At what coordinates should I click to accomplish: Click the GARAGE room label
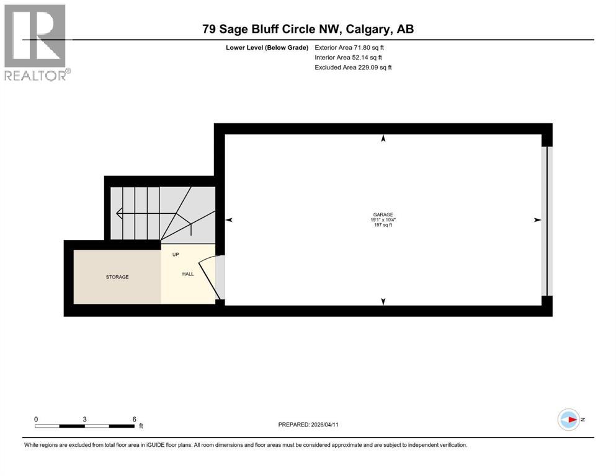click(383, 214)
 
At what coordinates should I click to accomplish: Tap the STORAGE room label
click(117, 277)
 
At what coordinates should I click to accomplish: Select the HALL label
click(187, 273)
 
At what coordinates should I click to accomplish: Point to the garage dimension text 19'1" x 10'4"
click(383, 220)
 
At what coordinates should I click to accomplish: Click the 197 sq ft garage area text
click(383, 225)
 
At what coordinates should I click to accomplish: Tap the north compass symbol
click(569, 420)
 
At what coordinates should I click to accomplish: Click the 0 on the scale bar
click(37, 419)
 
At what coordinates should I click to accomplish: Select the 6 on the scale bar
click(134, 419)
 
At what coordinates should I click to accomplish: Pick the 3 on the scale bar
click(85, 419)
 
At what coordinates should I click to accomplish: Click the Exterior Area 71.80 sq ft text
click(354, 47)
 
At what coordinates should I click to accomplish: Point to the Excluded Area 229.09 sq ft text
click(354, 67)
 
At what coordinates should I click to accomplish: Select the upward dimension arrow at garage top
click(383, 139)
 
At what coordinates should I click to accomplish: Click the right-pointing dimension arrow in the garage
click(537, 220)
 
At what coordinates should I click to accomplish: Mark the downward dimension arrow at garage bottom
click(383, 301)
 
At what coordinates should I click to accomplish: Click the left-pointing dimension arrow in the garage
click(229, 220)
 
